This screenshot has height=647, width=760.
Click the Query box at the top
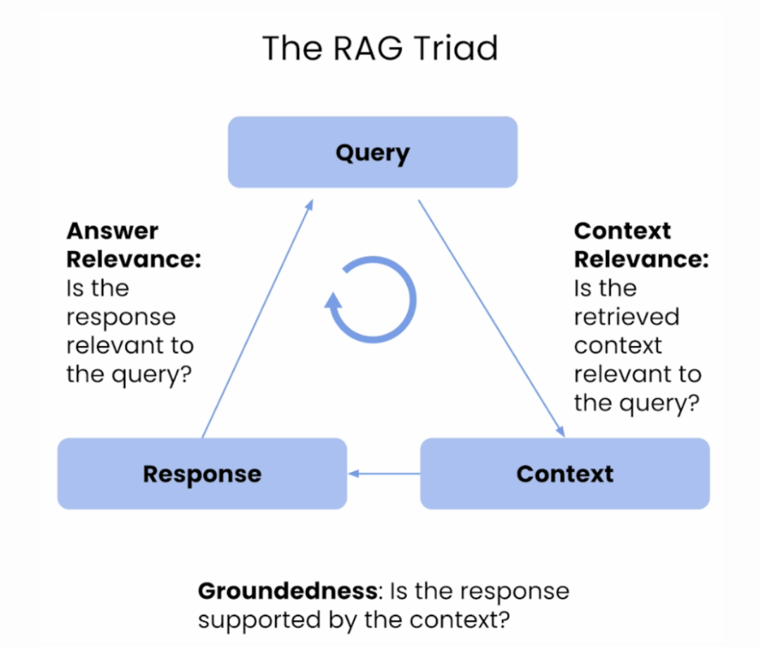[x=372, y=153]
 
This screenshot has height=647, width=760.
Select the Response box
[x=202, y=473]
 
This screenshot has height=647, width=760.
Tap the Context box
[x=564, y=473]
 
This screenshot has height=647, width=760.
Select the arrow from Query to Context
[x=490, y=316]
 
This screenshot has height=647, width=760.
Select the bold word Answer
[x=113, y=231]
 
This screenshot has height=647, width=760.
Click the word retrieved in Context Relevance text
[x=626, y=317]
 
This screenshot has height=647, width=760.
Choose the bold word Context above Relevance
[x=622, y=231]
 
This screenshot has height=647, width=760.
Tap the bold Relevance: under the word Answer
[x=134, y=260]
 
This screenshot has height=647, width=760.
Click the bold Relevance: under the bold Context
[x=641, y=260]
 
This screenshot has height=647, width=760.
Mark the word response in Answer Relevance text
[x=120, y=317]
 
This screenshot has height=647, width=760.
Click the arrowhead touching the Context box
[x=560, y=431]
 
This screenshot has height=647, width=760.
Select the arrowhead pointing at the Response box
[x=355, y=473]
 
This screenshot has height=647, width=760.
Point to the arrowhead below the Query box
[x=310, y=205]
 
